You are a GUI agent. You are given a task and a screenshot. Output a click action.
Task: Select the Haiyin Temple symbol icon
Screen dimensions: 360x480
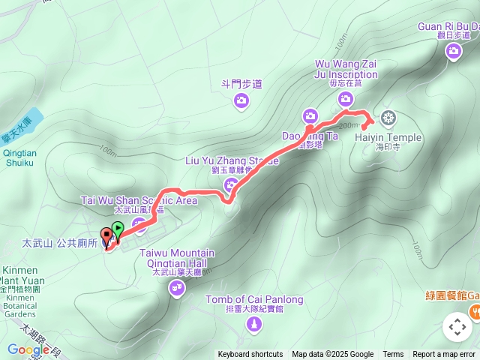(388, 117)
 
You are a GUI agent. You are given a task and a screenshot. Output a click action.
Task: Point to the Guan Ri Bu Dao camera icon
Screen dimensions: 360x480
(453, 51)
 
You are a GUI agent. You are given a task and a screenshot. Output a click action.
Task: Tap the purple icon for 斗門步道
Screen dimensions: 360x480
(241, 103)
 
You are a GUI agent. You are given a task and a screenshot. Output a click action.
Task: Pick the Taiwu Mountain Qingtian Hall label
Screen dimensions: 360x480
(178, 259)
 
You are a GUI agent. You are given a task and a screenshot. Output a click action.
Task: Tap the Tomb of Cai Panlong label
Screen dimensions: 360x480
(255, 300)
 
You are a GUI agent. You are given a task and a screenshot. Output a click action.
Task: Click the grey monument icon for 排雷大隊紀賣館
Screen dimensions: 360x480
(255, 325)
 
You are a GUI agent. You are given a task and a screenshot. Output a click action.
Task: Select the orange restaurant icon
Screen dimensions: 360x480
(474, 310)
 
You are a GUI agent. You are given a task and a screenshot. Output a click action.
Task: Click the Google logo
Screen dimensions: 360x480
(28, 349)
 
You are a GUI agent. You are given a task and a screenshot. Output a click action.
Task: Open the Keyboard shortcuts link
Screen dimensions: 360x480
(250, 355)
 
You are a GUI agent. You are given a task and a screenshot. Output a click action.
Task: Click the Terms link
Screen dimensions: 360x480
(393, 355)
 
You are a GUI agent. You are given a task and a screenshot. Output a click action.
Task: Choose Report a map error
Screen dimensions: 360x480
(444, 355)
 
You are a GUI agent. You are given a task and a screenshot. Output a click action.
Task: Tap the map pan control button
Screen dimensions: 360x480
(457, 327)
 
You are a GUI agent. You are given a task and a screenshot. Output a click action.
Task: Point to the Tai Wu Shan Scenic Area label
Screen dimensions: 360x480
(139, 201)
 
